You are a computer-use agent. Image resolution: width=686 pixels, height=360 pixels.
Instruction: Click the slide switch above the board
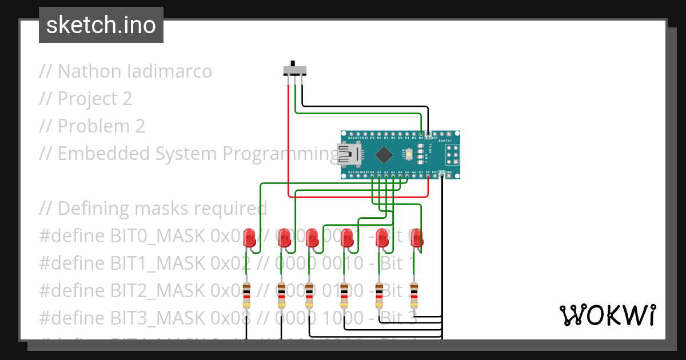coord(295,70)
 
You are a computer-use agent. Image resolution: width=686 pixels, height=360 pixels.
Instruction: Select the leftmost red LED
coord(249,238)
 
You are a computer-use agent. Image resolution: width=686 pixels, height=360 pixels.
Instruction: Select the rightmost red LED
coord(417,238)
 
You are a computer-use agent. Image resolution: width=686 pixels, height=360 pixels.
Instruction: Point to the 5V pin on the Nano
coord(428,175)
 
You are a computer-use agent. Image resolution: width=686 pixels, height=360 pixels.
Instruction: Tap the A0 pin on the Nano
coord(372,175)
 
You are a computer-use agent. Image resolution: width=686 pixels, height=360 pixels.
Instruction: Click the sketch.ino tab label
coord(101,25)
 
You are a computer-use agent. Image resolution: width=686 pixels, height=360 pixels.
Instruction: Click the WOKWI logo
coord(607,315)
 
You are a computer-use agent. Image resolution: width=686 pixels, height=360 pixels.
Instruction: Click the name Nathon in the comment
coord(89,71)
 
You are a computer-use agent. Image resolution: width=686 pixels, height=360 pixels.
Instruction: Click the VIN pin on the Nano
coord(449,175)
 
